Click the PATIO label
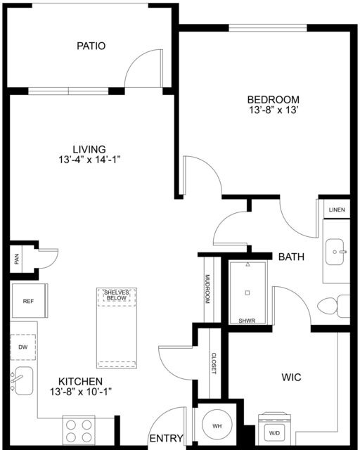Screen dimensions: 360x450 (x=91, y=46)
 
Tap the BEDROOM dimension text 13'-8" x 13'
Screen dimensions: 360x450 (x=272, y=110)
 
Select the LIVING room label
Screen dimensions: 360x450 (x=89, y=149)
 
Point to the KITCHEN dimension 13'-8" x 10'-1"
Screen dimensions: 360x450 (x=81, y=392)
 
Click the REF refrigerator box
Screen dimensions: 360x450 (x=29, y=301)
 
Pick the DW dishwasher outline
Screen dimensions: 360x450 (x=23, y=347)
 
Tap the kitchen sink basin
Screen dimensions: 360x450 (x=23, y=380)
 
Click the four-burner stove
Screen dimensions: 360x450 (x=79, y=431)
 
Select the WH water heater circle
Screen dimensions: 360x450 (x=217, y=425)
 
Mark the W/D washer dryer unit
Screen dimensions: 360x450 (x=274, y=429)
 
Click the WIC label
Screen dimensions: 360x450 (x=291, y=377)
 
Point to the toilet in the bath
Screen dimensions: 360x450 (x=333, y=306)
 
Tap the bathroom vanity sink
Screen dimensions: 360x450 (x=335, y=252)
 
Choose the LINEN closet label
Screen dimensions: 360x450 (x=337, y=210)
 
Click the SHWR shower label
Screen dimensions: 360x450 (x=247, y=321)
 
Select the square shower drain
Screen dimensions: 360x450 (x=247, y=292)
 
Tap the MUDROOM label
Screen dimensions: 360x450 (x=208, y=289)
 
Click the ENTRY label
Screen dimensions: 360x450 (x=166, y=438)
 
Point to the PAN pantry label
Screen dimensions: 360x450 (x=17, y=259)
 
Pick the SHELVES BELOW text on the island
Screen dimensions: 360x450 (x=116, y=295)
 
